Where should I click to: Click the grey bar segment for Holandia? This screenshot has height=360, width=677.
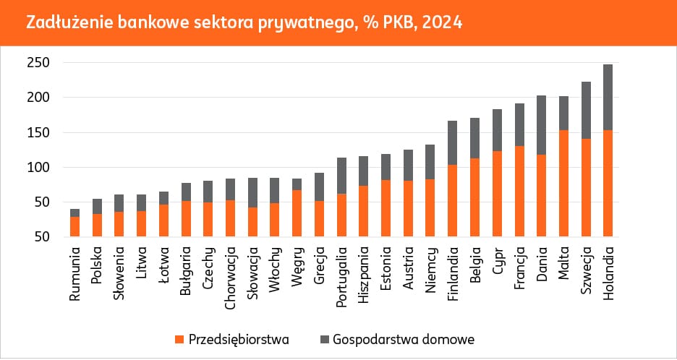point(608,97)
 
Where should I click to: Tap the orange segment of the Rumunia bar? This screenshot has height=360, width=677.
point(75,226)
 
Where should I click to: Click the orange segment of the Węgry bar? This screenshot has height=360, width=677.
point(297,213)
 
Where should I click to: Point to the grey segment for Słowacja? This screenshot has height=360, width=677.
point(252,192)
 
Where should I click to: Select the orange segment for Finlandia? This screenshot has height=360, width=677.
point(452,200)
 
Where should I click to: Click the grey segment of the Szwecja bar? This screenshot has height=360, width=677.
point(585,110)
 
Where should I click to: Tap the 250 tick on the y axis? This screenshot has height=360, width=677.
point(40,63)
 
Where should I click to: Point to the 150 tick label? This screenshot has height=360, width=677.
point(40,132)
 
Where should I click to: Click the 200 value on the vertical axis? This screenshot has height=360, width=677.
point(40,98)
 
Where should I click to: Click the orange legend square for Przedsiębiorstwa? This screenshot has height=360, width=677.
point(179,338)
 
